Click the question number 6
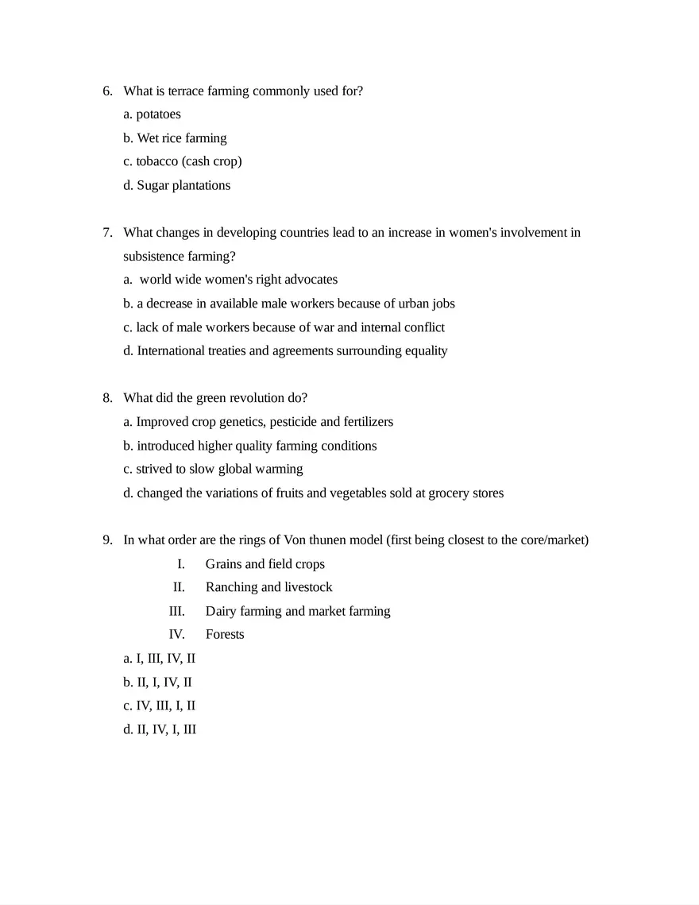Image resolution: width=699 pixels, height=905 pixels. [x=107, y=91]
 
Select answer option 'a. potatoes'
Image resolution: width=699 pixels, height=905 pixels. [x=152, y=114]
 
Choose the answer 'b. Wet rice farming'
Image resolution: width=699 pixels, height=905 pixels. [x=175, y=138]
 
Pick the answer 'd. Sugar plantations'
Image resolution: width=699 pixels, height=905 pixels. [x=176, y=186]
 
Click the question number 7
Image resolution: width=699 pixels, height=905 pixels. [x=107, y=233]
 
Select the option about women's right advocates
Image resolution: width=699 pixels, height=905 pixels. [x=230, y=280]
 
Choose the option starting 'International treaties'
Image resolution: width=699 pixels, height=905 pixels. [x=285, y=351]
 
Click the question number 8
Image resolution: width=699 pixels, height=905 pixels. [x=107, y=398]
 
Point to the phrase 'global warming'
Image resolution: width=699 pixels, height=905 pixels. [x=261, y=470]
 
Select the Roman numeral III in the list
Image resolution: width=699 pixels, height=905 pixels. [x=176, y=611]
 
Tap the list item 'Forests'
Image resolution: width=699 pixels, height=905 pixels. [x=225, y=635]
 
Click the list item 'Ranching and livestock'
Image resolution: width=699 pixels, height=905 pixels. [x=268, y=587]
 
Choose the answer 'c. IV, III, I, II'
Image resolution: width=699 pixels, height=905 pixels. [x=160, y=706]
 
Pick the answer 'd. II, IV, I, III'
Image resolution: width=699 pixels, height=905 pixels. [x=160, y=729]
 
